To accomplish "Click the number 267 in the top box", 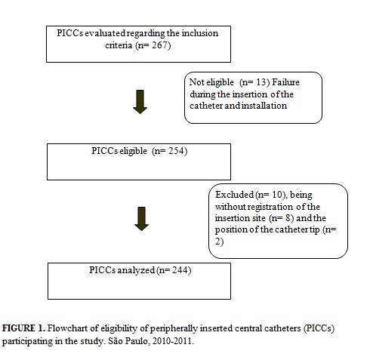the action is pyautogui.click(x=159, y=45).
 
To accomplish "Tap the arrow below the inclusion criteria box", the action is pyautogui.click(x=140, y=102).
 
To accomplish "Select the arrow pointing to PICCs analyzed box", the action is pyautogui.click(x=141, y=219).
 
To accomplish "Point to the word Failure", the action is pyautogui.click(x=285, y=82).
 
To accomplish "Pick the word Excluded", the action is pyautogui.click(x=234, y=195).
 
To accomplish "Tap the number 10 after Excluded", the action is pyautogui.click(x=277, y=195).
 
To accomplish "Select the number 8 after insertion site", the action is pyautogui.click(x=288, y=218).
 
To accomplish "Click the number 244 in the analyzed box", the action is pyautogui.click(x=180, y=270).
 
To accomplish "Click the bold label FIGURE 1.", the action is pyautogui.click(x=23, y=328).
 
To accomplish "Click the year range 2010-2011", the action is pyautogui.click(x=172, y=341).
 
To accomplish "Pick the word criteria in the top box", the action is pyautogui.click(x=119, y=45).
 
